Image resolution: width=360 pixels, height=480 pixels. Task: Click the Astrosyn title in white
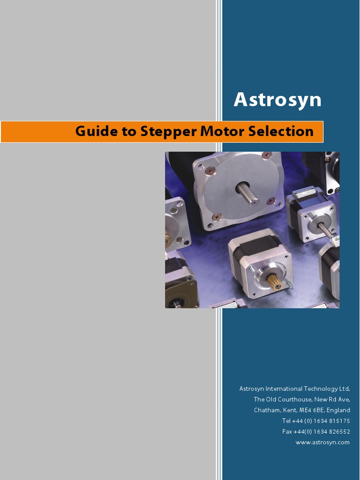point(277,100)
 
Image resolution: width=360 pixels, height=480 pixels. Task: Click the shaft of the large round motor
point(248,193)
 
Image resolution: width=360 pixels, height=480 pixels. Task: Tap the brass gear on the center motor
point(274,281)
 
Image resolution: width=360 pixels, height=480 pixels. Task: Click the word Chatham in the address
point(267,410)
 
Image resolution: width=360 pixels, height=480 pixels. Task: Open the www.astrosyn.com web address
point(322,442)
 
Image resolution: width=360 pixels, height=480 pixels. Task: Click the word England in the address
point(338,410)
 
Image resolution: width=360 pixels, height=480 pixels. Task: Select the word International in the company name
point(284,389)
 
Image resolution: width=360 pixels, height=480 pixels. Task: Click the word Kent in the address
point(290,410)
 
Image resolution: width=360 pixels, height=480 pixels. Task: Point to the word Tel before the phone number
point(286,421)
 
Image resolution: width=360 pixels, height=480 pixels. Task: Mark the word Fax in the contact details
point(287,432)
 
